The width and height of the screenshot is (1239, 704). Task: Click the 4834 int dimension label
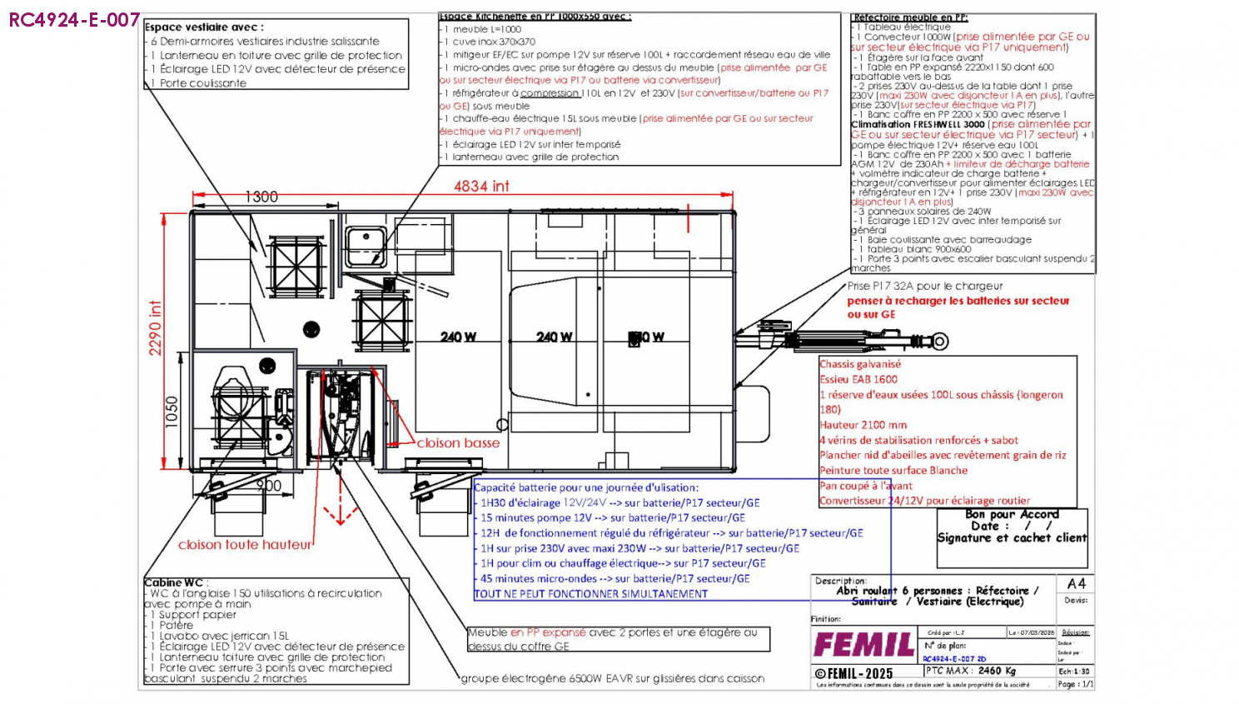pos(480,187)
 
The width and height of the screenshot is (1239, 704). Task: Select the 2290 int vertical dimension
pos(156,327)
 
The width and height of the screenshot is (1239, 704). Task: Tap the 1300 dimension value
pos(261,197)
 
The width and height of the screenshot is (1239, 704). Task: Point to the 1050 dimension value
pos(172,412)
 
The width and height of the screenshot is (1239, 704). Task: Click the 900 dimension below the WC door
pos(268,486)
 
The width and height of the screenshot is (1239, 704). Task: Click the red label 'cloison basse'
pos(458,443)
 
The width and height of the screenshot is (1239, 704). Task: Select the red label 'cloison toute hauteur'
pos(244,545)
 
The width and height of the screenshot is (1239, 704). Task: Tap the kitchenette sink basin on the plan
pos(364,241)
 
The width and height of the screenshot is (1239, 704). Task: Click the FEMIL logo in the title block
pos(863,645)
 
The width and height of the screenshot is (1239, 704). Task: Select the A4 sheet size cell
pos(1076,583)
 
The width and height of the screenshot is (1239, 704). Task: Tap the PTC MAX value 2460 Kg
pos(998,671)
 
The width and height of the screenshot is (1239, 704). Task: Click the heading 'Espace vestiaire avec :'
pos(204,27)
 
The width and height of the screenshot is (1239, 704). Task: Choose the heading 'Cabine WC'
pos(174,582)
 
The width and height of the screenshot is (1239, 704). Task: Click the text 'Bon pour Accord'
pos(1012,514)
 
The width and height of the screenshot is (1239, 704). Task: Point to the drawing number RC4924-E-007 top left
pos(74,20)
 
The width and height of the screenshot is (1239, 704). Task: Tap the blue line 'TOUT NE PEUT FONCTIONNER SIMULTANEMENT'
pos(591,594)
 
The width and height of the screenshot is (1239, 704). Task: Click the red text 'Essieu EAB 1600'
pos(858,379)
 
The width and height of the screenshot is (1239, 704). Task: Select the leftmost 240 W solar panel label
pos(458,337)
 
